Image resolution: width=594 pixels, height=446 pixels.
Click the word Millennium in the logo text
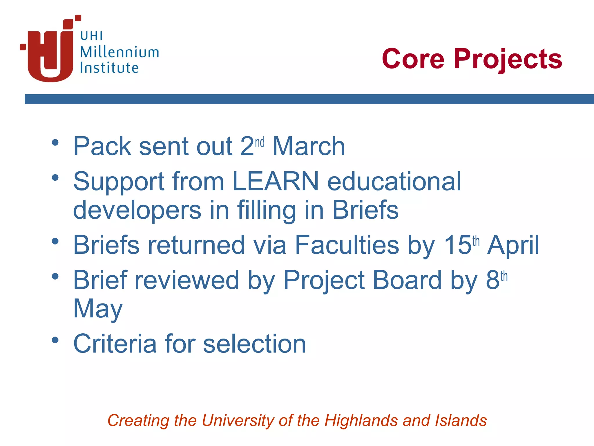(119, 52)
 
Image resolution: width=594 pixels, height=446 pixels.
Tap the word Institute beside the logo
(109, 68)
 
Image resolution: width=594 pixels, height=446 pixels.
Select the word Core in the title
(413, 59)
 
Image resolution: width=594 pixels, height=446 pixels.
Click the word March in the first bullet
(309, 146)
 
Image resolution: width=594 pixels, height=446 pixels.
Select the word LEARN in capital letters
(276, 181)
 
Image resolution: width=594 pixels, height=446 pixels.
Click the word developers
(137, 210)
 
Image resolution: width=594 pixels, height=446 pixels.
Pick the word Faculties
(347, 245)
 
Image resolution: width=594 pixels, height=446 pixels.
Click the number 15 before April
(457, 245)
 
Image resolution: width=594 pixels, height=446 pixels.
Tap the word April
(513, 245)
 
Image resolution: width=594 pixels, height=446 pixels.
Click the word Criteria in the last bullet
(115, 344)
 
